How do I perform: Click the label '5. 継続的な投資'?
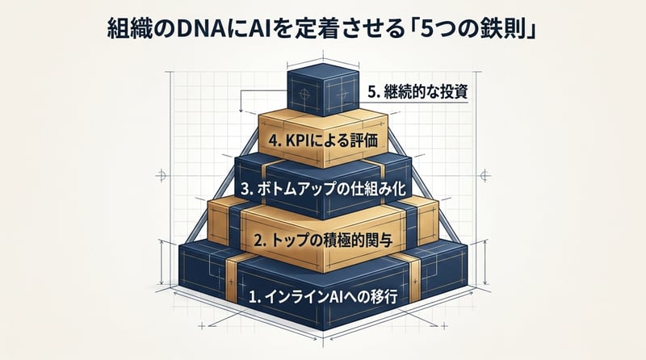(417, 91)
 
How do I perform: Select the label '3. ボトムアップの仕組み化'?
(324, 189)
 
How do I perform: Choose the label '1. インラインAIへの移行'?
(324, 296)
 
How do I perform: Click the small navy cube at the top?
(322, 90)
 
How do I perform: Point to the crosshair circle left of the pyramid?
(161, 176)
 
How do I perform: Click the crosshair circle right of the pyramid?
(485, 175)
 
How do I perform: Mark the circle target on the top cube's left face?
(305, 94)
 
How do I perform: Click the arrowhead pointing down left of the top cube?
(240, 111)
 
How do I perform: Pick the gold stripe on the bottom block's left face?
(231, 280)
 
